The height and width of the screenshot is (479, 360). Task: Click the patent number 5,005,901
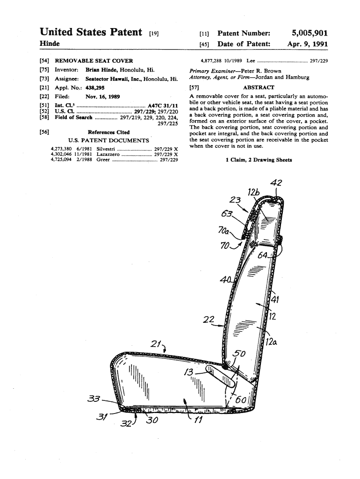coord(310,33)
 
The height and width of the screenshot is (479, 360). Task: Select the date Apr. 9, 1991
coord(307,44)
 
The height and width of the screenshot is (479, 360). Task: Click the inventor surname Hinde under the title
coord(50,44)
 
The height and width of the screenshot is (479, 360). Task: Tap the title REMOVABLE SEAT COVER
coord(94,61)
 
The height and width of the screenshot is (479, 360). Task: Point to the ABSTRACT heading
coord(259,87)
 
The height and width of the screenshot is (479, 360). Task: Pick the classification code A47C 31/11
coord(162,105)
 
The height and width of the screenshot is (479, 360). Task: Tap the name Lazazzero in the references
coord(108,154)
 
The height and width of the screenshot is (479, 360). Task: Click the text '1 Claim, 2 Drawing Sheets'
coord(259,160)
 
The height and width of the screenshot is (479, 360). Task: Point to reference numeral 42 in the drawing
coord(276,183)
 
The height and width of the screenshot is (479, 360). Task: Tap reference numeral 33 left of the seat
coord(94,399)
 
